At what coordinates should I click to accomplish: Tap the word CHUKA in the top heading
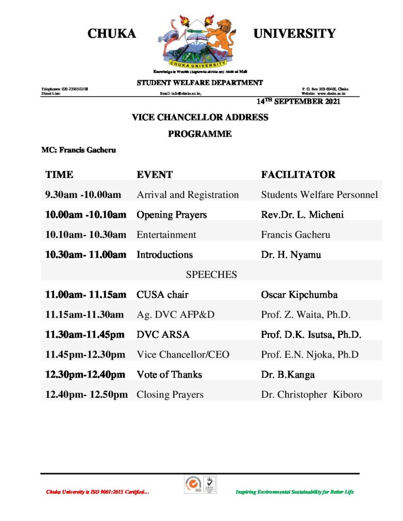(x=112, y=34)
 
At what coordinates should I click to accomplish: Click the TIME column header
(x=59, y=175)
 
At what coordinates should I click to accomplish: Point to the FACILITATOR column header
(x=298, y=175)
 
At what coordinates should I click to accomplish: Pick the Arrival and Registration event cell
(x=187, y=195)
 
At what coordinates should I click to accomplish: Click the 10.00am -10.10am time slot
(x=86, y=215)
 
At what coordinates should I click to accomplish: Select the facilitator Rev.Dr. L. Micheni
(x=302, y=215)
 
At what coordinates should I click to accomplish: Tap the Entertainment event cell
(x=166, y=235)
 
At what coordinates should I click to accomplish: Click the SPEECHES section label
(x=211, y=275)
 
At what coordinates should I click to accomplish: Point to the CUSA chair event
(x=163, y=295)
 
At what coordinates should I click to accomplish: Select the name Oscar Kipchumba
(x=299, y=295)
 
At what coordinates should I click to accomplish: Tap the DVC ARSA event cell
(x=163, y=334)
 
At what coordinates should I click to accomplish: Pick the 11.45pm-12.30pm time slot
(x=85, y=354)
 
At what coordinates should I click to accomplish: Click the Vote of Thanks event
(x=169, y=374)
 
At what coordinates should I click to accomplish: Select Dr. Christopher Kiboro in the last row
(x=311, y=394)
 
